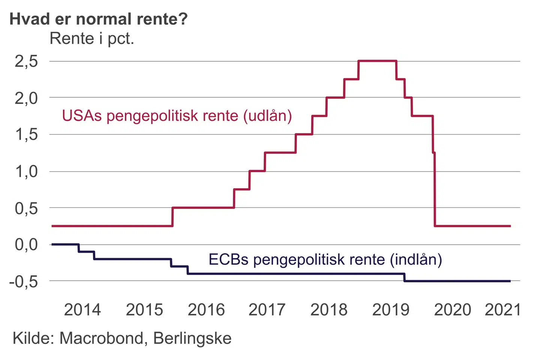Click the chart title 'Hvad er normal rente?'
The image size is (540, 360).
(x=98, y=19)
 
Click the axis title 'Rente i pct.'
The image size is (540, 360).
(x=92, y=38)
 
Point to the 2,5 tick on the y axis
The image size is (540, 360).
(x=27, y=61)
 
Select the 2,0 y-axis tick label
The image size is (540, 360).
(x=27, y=98)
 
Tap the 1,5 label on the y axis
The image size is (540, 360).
(x=27, y=134)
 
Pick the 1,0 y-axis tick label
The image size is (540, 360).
(x=27, y=171)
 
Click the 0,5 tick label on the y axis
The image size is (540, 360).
(x=27, y=208)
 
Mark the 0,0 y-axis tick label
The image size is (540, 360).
(x=27, y=244)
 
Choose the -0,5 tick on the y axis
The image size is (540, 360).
(x=24, y=281)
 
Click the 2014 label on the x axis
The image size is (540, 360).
(x=82, y=310)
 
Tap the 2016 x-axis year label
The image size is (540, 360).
(x=206, y=310)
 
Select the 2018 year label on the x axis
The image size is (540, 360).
(x=329, y=310)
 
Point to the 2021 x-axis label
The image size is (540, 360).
(x=503, y=310)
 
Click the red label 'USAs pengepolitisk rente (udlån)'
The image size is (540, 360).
(x=177, y=115)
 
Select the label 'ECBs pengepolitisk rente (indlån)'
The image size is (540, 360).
(x=325, y=259)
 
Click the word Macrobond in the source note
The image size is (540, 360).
(x=101, y=338)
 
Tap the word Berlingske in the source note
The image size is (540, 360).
(x=192, y=338)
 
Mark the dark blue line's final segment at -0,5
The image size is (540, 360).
(x=457, y=281)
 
